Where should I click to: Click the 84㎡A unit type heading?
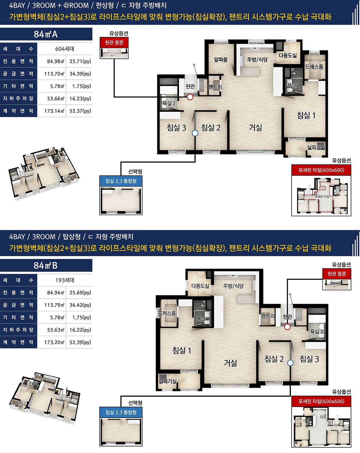(46, 34)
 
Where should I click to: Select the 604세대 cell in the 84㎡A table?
(65, 49)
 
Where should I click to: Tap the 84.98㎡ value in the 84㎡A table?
(55, 61)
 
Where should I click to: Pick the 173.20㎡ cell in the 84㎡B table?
(54, 342)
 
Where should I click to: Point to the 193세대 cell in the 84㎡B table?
(65, 280)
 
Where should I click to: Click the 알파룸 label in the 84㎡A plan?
(221, 60)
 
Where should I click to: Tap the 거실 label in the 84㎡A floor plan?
(256, 127)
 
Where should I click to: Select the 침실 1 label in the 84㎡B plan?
(181, 350)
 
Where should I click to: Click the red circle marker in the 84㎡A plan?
(190, 97)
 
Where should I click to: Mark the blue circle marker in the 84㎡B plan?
(290, 363)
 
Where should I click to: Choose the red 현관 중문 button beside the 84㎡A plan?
(114, 43)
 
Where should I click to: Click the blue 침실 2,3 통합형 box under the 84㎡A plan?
(121, 181)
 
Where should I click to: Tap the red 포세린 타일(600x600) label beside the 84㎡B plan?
(321, 401)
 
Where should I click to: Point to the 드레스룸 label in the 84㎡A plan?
(314, 67)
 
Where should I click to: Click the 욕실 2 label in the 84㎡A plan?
(169, 103)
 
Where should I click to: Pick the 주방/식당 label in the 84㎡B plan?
(233, 286)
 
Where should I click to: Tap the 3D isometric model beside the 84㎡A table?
(44, 174)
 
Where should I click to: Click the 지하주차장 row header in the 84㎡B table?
(18, 330)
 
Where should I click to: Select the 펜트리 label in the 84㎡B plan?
(268, 316)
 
